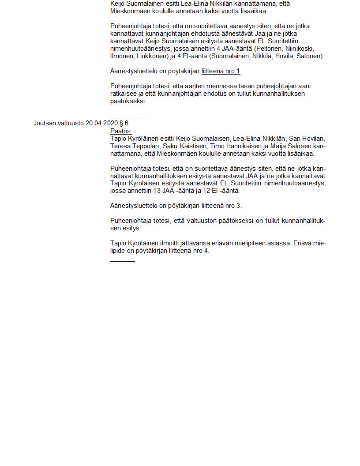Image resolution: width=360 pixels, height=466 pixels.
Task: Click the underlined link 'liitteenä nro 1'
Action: pos(221,71)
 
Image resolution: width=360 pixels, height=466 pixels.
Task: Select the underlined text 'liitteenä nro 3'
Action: pos(221,206)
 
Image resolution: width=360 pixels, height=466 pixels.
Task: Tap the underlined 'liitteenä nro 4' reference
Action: pos(188,251)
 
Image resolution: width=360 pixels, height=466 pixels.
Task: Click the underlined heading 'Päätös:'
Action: pos(121,131)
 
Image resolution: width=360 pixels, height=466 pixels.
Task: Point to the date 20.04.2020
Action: pos(101,123)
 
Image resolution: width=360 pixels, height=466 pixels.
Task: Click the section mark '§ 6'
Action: pos(124,123)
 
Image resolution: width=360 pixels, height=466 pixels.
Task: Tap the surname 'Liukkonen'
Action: pos(152,56)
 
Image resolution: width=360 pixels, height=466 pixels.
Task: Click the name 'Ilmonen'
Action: pos(121,56)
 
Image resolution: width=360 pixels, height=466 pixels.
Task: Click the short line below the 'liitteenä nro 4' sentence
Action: pos(123,261)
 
